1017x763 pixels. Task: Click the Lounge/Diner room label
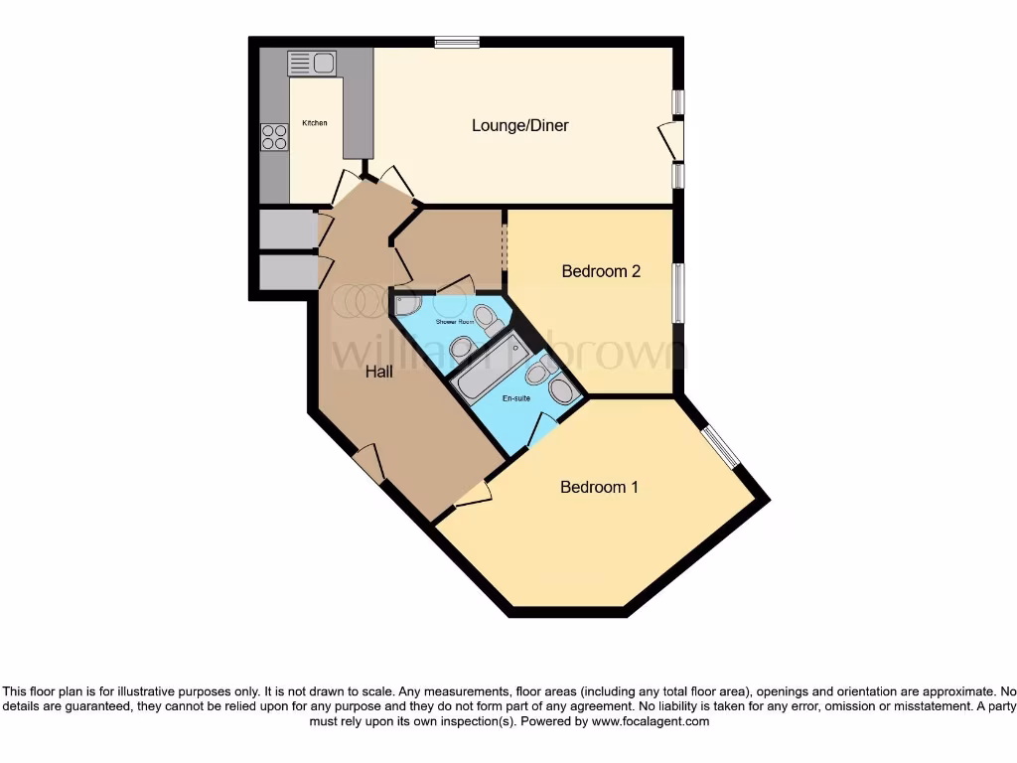point(519,125)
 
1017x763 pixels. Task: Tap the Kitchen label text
point(315,123)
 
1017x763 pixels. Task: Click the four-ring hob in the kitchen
point(274,137)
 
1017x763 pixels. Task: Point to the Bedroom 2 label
point(600,271)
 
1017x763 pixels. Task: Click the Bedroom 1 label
point(599,487)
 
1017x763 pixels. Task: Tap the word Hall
point(378,372)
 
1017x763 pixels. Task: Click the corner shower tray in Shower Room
point(407,303)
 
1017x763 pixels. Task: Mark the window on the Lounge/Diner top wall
point(457,42)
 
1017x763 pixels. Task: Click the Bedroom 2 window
point(677,292)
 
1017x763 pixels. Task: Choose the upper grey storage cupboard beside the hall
point(286,229)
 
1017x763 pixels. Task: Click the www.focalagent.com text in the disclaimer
point(650,722)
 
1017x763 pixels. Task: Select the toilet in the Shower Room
point(486,319)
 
